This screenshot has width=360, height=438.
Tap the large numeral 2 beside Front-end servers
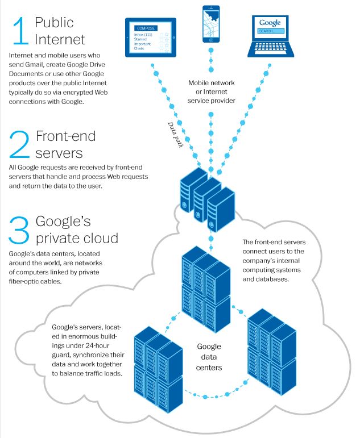point(20,144)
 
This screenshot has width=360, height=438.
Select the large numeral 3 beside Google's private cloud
point(20,230)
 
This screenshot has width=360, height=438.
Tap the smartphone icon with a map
point(211,25)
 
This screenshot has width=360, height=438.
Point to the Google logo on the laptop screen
point(270,23)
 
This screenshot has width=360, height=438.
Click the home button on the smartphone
point(211,41)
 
